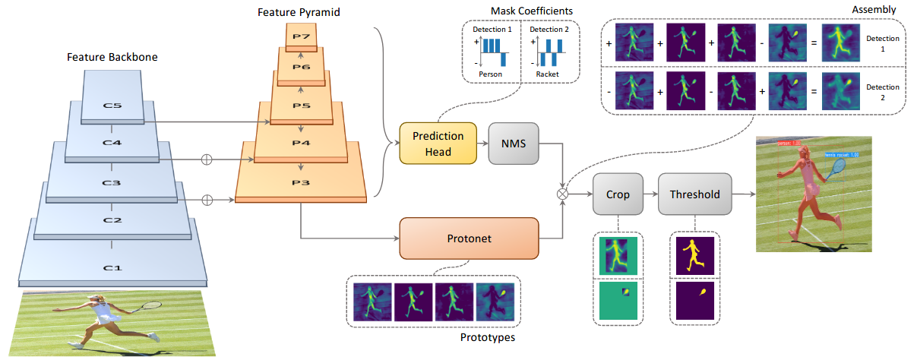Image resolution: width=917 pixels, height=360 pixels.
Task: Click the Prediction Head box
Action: tap(438, 144)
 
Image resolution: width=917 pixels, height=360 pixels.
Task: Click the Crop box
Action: tap(618, 194)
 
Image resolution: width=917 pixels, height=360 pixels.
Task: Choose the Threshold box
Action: tap(694, 194)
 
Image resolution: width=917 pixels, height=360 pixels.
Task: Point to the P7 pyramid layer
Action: tap(302, 36)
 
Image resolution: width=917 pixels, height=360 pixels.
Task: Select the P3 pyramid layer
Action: tap(301, 183)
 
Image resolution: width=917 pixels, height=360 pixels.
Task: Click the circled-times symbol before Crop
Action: tap(563, 194)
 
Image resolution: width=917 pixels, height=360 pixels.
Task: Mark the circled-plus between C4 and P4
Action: tap(205, 159)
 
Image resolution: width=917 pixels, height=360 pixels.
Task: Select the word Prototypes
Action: tap(488, 337)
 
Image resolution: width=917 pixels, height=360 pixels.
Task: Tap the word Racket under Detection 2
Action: tap(546, 74)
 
